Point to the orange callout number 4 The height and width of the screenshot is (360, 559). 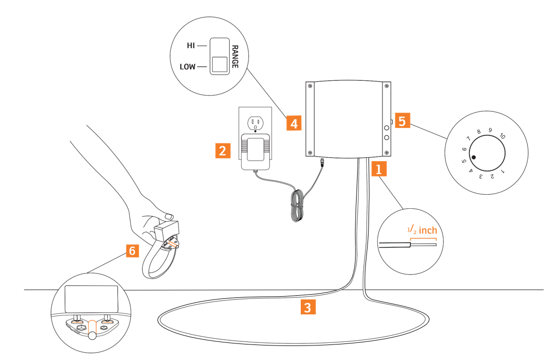(x=293, y=123)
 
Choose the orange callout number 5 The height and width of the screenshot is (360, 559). (x=403, y=121)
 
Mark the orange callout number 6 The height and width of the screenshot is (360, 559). (x=133, y=251)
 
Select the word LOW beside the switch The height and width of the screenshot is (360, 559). (x=187, y=67)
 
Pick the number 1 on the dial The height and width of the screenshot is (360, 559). (x=503, y=170)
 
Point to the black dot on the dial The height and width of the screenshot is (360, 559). (x=474, y=157)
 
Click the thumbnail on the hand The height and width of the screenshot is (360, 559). (x=168, y=215)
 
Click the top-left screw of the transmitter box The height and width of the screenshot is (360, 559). (x=310, y=87)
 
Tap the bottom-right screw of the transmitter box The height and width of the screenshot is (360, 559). (x=386, y=152)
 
